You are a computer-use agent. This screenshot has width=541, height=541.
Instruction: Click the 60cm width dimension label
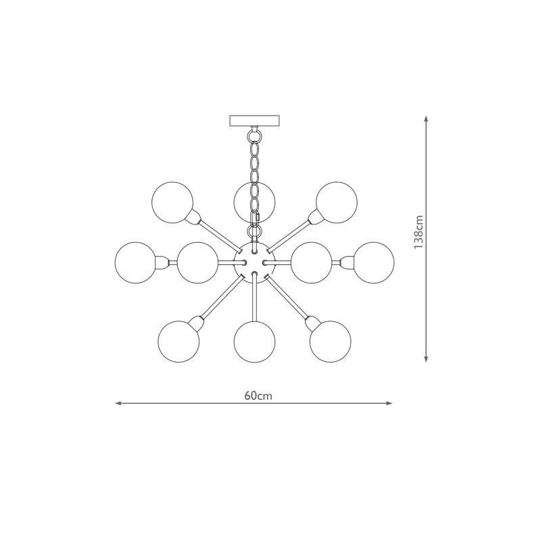[x=258, y=396]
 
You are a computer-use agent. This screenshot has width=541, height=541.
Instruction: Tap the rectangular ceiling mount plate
[x=254, y=120]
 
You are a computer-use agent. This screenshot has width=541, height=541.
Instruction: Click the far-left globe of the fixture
[x=136, y=262]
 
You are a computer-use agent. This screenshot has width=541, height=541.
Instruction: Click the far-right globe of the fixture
[x=374, y=262]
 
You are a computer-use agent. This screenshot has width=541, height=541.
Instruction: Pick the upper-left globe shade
[x=172, y=202]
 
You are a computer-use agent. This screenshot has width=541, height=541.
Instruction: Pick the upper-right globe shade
[x=337, y=202]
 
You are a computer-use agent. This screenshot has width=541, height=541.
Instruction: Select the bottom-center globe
[x=254, y=342]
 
